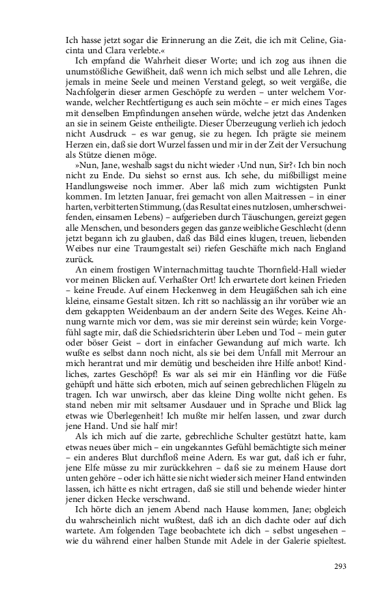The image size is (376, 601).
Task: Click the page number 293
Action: [341, 566]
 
